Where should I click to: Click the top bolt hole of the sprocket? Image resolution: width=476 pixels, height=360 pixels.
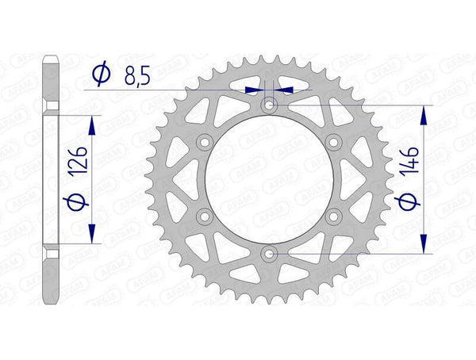coord(269,105)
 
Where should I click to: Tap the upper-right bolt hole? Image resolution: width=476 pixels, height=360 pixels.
coord(333,141)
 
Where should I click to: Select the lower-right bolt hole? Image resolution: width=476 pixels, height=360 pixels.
coord(333,216)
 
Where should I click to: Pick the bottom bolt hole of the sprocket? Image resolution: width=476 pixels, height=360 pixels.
coord(269,253)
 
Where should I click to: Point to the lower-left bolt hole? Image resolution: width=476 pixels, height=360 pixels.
coord(205,216)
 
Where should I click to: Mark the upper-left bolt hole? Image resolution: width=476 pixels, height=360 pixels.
coord(205,141)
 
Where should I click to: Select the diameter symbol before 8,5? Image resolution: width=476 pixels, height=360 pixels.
coord(101,75)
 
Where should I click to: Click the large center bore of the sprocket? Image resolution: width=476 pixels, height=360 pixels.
coord(269,178)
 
